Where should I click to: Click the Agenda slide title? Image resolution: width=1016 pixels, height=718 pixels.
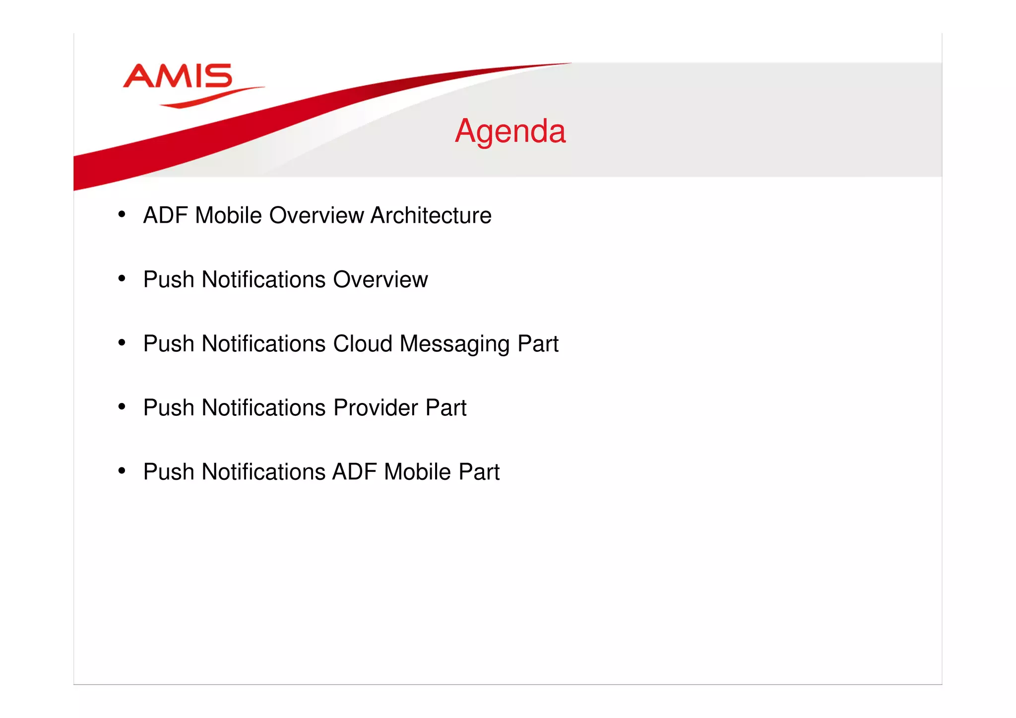tap(510, 131)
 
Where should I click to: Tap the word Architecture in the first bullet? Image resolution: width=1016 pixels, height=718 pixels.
tap(431, 216)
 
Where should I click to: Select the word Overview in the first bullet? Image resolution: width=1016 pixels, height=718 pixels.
tap(317, 216)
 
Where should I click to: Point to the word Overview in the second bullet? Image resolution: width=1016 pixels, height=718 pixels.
tap(381, 280)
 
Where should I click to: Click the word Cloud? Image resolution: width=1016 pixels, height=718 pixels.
tap(363, 344)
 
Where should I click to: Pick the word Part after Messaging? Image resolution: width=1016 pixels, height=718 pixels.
tap(538, 344)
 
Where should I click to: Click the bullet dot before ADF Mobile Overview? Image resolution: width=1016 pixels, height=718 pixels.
tap(122, 214)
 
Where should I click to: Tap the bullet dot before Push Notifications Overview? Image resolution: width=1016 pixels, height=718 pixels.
tap(122, 278)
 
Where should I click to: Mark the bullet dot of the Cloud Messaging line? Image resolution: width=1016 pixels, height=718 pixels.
tap(122, 342)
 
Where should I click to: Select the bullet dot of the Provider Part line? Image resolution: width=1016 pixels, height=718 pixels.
tap(122, 407)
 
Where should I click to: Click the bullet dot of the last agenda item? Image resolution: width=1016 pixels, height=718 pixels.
tap(122, 471)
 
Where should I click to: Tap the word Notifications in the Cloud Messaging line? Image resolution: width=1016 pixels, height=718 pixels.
tap(263, 344)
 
